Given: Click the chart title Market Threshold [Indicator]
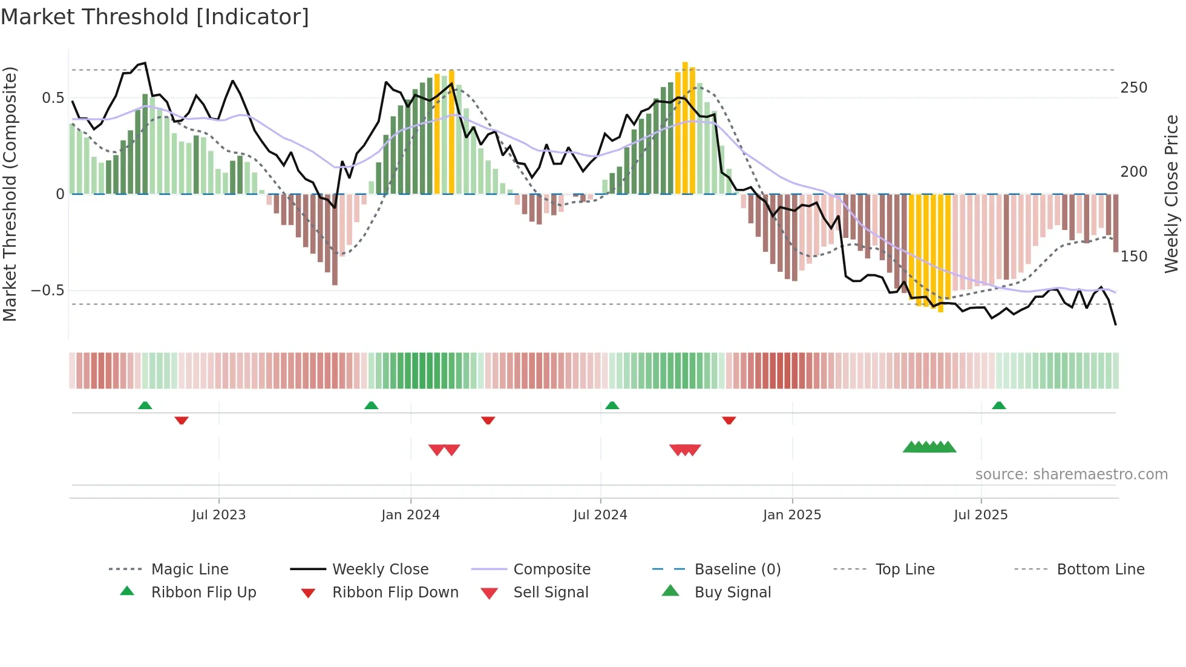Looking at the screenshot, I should tap(155, 17).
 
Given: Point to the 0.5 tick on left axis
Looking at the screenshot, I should tap(53, 98).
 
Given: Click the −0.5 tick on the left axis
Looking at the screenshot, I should tap(48, 291).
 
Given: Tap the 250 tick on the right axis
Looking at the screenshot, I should tap(1133, 88).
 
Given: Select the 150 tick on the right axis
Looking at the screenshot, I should tap(1133, 257).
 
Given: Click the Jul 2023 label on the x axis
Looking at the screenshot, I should tap(218, 515).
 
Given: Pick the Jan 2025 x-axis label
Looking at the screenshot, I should tap(791, 515).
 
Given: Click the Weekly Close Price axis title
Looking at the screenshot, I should tap(1171, 194).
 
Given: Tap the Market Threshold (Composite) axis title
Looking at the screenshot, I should tap(10, 194).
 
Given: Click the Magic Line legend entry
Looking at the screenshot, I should tap(189, 570).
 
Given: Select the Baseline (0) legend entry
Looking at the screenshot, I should tap(737, 570).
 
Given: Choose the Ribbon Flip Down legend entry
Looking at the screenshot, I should tap(395, 593).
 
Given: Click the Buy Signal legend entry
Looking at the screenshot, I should tap(732, 593).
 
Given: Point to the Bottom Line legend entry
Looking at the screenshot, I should tap(1100, 570).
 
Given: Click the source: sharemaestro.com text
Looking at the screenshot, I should tap(1071, 475).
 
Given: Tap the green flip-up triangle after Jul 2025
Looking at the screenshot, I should tap(998, 406).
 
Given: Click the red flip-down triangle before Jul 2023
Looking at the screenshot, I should tap(182, 420).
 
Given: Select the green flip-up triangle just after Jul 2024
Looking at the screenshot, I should tap(612, 406).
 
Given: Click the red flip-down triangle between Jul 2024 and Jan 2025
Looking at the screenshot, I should tap(729, 420).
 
